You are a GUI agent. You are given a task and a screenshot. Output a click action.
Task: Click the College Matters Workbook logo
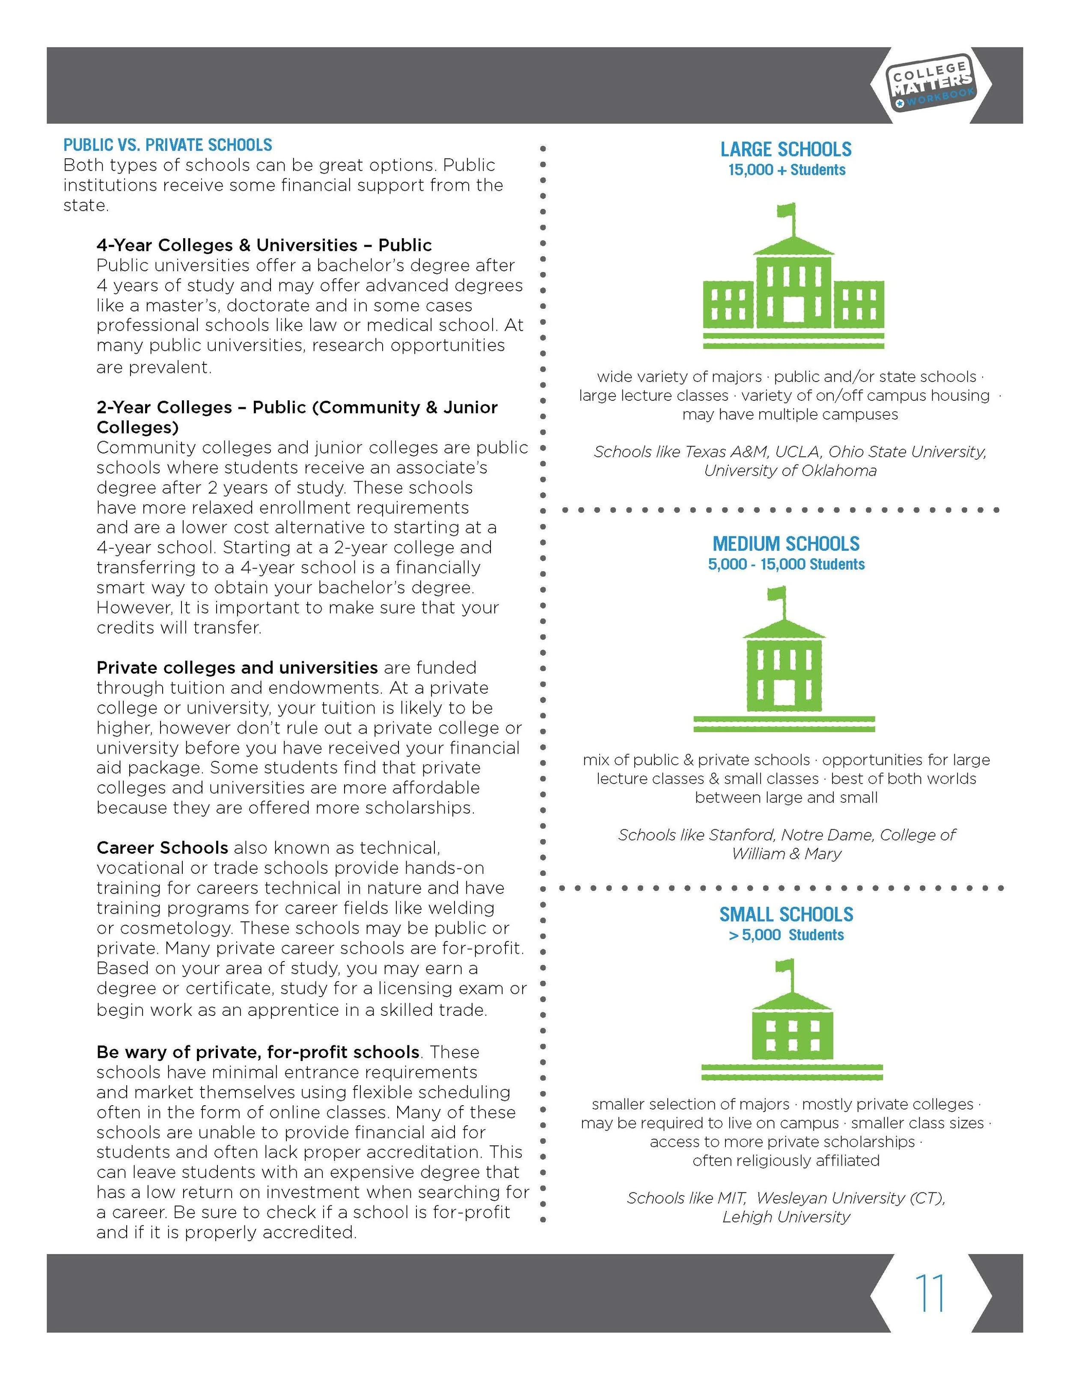pyautogui.click(x=930, y=85)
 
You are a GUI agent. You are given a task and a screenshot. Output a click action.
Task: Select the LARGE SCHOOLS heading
pyautogui.click(x=786, y=150)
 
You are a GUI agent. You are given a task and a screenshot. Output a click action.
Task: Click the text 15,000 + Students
pyautogui.click(x=786, y=170)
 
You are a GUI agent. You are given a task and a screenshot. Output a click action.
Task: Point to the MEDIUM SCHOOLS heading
pyautogui.click(x=786, y=544)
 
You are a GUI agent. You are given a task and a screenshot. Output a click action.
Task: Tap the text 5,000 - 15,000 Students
pyautogui.click(x=786, y=564)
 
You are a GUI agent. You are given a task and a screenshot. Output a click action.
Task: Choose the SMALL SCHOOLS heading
pyautogui.click(x=786, y=914)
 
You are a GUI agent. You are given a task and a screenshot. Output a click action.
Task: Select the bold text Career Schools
pyautogui.click(x=162, y=847)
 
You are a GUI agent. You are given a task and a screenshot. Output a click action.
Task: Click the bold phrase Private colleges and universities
pyautogui.click(x=237, y=667)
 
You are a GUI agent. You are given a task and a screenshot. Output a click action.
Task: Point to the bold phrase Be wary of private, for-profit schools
pyautogui.click(x=258, y=1052)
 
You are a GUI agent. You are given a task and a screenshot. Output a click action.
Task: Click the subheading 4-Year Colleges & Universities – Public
pyautogui.click(x=264, y=245)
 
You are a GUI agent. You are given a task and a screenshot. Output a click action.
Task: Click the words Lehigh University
pyautogui.click(x=786, y=1217)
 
